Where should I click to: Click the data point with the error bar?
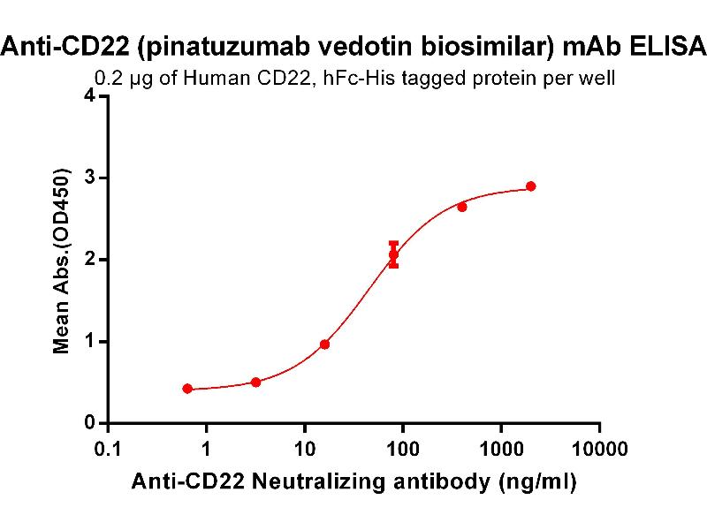(393, 254)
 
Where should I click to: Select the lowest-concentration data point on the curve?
(187, 389)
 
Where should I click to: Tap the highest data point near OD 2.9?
(530, 186)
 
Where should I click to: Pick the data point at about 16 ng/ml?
(324, 344)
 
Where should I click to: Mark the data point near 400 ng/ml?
(462, 207)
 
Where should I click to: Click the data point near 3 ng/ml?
(255, 382)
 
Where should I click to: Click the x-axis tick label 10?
(304, 448)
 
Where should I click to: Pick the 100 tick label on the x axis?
(403, 448)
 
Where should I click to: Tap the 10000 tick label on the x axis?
(599, 448)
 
